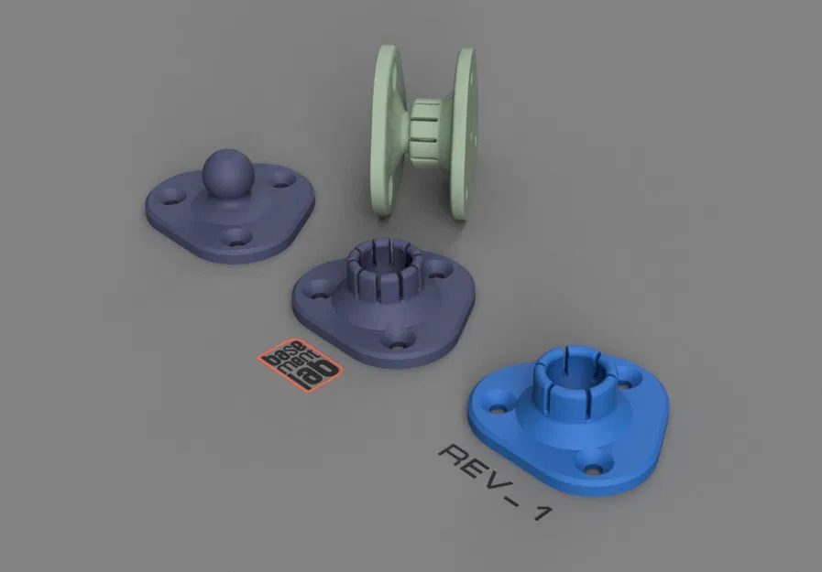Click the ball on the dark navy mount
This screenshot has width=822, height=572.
pos(223,171)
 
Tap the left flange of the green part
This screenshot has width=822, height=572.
pos(389,128)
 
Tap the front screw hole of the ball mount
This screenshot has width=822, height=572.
pos(237,240)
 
